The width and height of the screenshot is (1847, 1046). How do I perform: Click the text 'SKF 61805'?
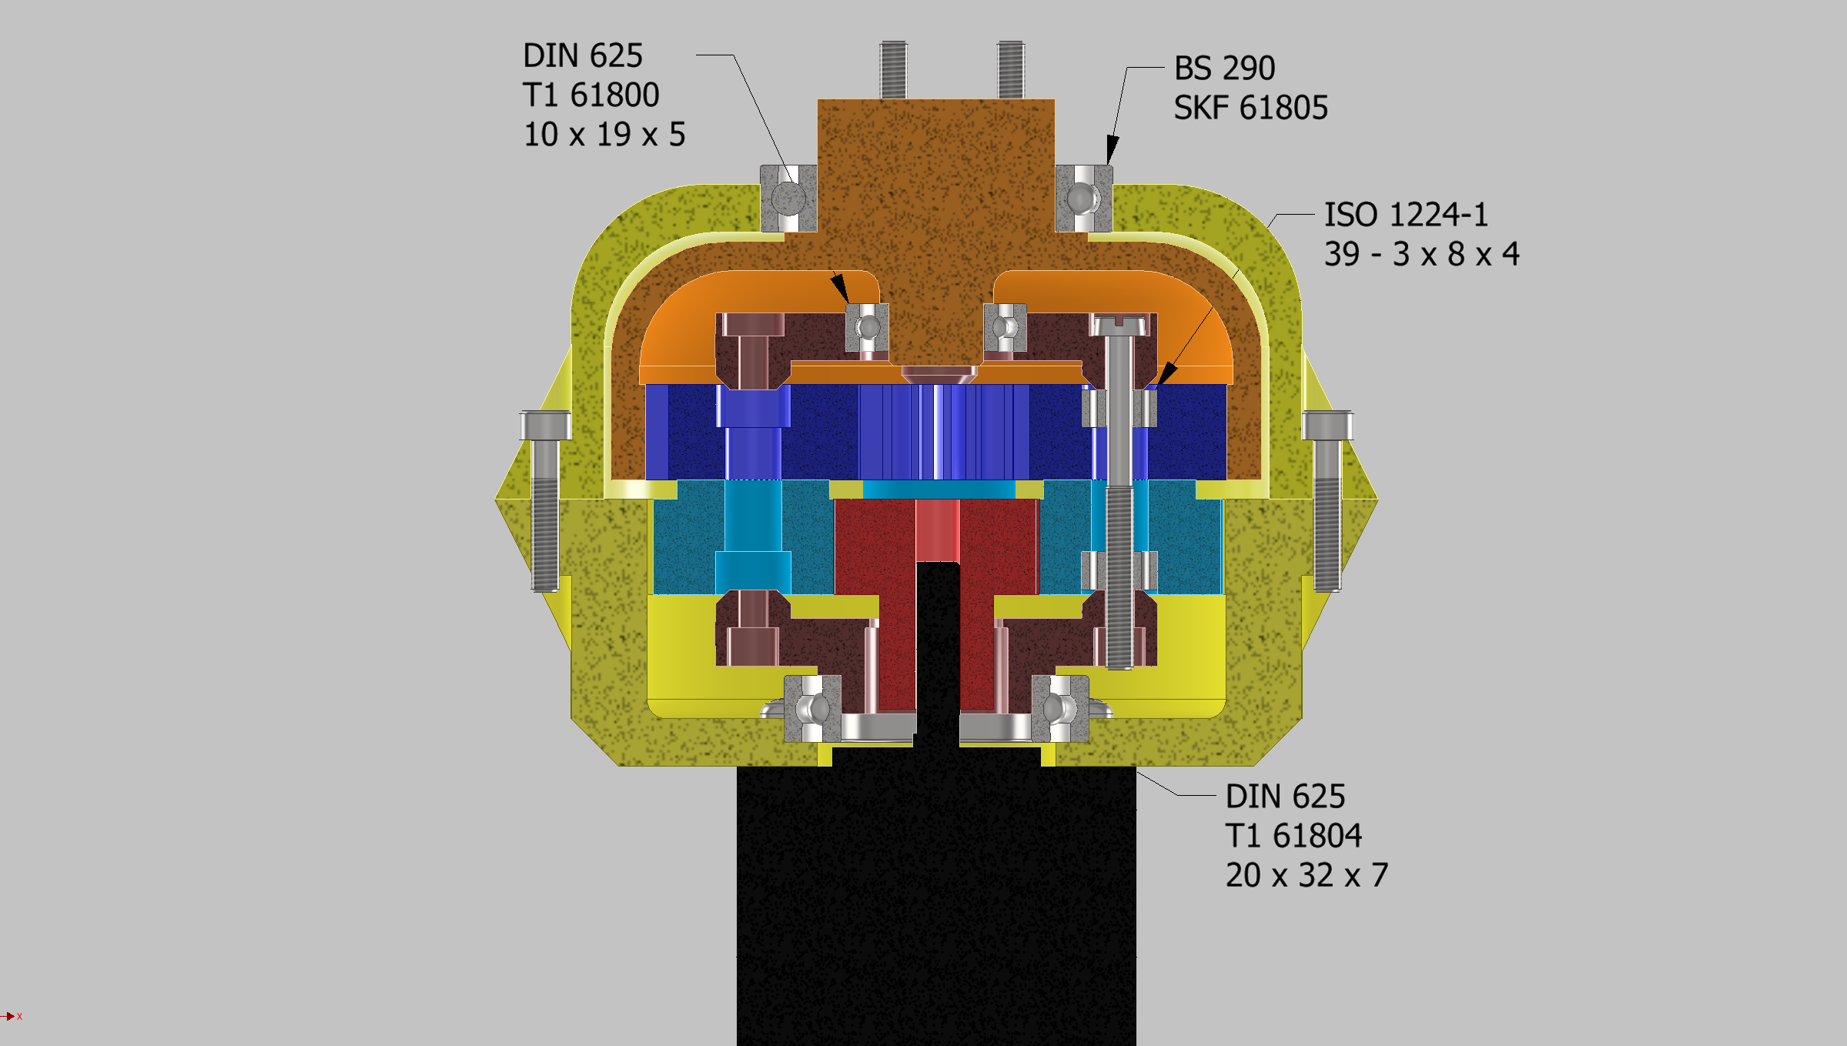pyautogui.click(x=1250, y=108)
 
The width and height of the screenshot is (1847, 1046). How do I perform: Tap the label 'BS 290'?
pyautogui.click(x=1224, y=69)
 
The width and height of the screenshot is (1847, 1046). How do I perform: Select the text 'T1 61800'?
pyautogui.click(x=591, y=95)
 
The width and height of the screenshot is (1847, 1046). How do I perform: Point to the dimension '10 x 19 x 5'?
pyautogui.click(x=604, y=135)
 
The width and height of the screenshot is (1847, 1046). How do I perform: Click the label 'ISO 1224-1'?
pyautogui.click(x=1406, y=215)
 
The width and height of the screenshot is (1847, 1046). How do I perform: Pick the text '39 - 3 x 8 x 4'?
pyautogui.click(x=1421, y=254)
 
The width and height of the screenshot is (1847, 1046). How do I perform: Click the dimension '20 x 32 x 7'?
pyautogui.click(x=1307, y=875)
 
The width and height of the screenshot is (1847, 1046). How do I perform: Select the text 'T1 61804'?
pyautogui.click(x=1293, y=836)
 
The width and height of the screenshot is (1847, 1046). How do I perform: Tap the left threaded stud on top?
pyautogui.click(x=893, y=69)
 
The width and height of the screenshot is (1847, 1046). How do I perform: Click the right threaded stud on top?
pyautogui.click(x=1010, y=69)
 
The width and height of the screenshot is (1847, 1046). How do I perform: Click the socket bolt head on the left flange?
pyautogui.click(x=545, y=426)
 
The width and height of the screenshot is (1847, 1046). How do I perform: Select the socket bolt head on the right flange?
pyautogui.click(x=1327, y=426)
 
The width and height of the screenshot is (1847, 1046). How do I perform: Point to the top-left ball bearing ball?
pyautogui.click(x=788, y=199)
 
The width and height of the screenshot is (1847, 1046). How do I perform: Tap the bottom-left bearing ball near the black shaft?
pyautogui.click(x=812, y=708)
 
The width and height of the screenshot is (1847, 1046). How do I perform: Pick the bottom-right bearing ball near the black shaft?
pyautogui.click(x=1059, y=708)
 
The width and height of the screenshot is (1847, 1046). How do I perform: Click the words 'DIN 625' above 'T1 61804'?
pyautogui.click(x=1285, y=797)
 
